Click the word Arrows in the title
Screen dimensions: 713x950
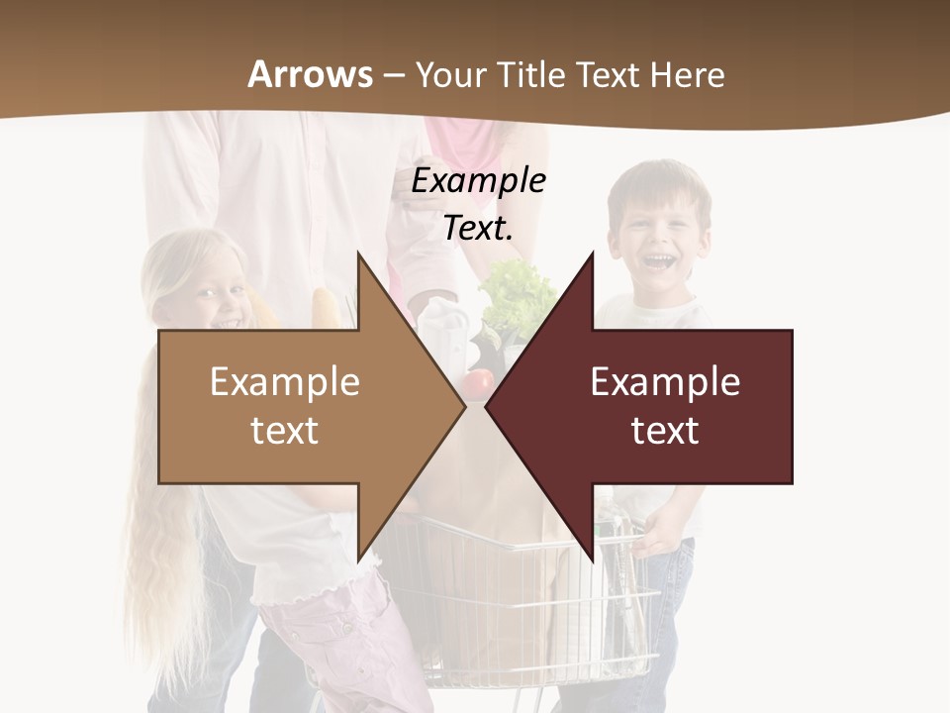[311, 74]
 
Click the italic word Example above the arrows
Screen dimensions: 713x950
[478, 181]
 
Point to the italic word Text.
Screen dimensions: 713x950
[478, 228]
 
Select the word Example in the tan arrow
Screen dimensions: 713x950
[285, 382]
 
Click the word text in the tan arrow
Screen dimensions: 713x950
[285, 431]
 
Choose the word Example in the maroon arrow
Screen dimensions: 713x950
[665, 382]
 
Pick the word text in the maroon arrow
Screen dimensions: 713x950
[665, 431]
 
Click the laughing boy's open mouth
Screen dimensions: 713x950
[658, 262]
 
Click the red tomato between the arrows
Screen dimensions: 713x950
[480, 384]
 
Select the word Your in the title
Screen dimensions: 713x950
[450, 74]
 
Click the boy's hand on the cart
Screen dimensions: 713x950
[655, 540]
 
